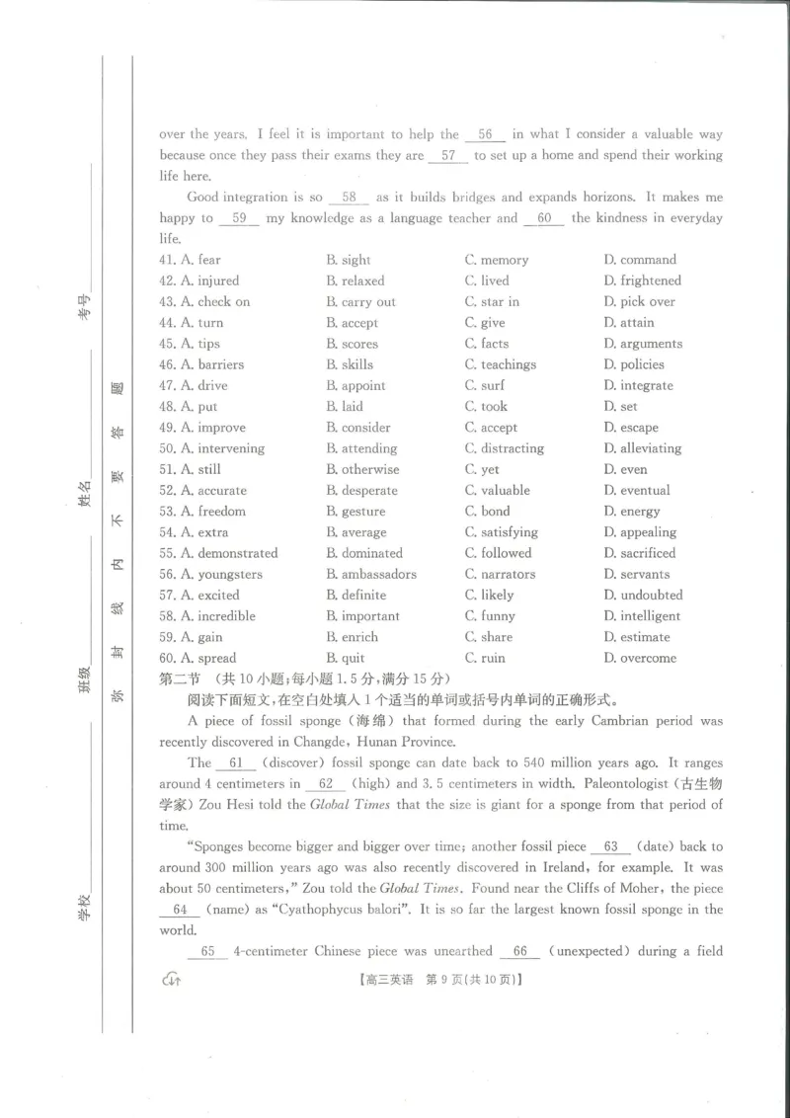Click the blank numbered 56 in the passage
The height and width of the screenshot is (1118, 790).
[485, 134]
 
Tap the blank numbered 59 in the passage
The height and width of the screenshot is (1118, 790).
[239, 218]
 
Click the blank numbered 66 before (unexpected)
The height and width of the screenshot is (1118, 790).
[519, 951]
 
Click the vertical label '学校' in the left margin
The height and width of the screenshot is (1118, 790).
[86, 906]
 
